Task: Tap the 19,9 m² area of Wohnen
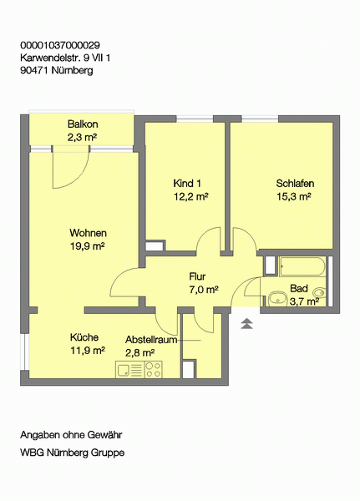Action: [x=88, y=246]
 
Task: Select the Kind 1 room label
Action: [x=187, y=184]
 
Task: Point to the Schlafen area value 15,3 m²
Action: [x=294, y=196]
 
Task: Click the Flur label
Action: [x=197, y=276]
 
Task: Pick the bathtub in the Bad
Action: [x=302, y=266]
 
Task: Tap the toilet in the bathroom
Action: [x=320, y=292]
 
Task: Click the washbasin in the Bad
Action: [x=278, y=299]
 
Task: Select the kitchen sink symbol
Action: [x=129, y=369]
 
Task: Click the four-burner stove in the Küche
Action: [x=153, y=369]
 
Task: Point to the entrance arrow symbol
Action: [x=246, y=323]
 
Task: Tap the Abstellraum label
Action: [x=151, y=339]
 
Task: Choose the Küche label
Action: [x=84, y=337]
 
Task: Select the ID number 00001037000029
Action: [x=60, y=45]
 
